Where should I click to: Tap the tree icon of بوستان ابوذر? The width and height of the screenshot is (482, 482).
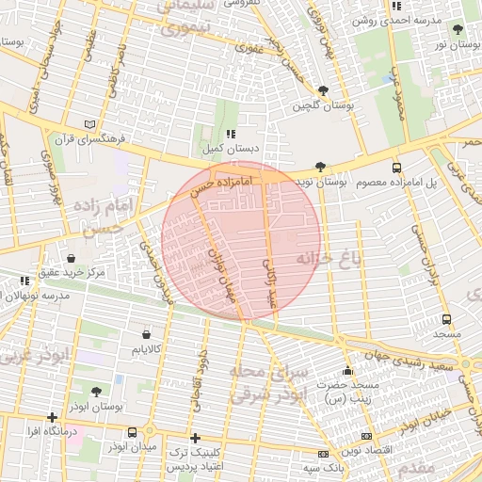pyautogui.click(x=96, y=391)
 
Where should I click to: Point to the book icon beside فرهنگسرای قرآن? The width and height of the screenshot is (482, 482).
pyautogui.click(x=90, y=123)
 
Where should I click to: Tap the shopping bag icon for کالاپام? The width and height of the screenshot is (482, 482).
pyautogui.click(x=146, y=334)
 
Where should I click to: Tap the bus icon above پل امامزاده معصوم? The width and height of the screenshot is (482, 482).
pyautogui.click(x=395, y=166)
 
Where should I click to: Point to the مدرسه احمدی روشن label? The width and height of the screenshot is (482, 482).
pyautogui.click(x=404, y=20)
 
